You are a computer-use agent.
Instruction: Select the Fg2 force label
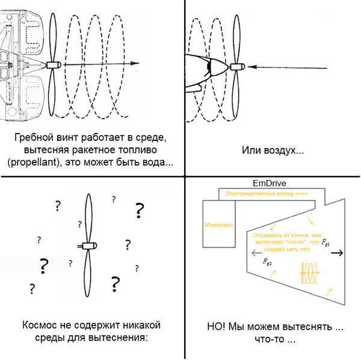[x=268, y=262]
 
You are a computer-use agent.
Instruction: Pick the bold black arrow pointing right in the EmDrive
[x=338, y=252]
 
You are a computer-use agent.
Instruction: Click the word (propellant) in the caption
[x=35, y=163]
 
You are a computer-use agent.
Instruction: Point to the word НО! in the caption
[x=217, y=327]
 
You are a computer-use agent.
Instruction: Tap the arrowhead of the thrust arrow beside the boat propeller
[x=135, y=64]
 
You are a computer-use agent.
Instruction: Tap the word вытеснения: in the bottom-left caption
[x=119, y=338]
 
